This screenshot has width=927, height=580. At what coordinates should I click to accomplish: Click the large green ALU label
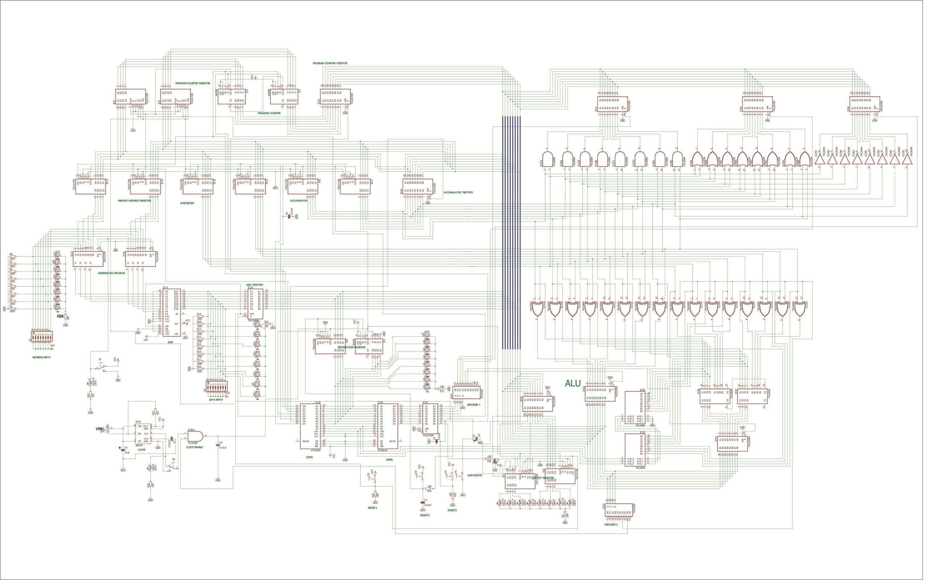tap(573, 383)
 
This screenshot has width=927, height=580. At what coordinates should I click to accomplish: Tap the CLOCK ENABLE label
tap(195, 447)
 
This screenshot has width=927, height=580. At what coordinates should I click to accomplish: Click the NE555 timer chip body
tap(142, 434)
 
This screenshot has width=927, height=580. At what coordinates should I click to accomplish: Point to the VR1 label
tap(99, 429)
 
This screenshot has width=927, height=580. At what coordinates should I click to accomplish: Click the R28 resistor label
tap(60, 316)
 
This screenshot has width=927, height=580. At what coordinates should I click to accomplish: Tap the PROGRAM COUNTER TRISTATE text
tap(330, 63)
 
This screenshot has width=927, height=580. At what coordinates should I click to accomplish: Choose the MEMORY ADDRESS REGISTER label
tap(134, 201)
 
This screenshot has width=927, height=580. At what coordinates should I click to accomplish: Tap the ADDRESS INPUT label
tap(41, 357)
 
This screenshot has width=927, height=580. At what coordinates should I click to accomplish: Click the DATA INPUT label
tap(215, 400)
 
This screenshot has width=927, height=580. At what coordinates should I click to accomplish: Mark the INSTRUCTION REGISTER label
tap(352, 347)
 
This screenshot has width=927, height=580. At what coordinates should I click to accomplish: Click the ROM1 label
tap(310, 457)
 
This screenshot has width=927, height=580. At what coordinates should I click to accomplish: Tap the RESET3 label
tap(425, 515)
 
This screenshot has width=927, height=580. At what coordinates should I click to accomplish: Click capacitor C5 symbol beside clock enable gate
tap(218, 444)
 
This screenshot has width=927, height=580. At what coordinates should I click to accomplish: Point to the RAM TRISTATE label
tap(255, 285)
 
